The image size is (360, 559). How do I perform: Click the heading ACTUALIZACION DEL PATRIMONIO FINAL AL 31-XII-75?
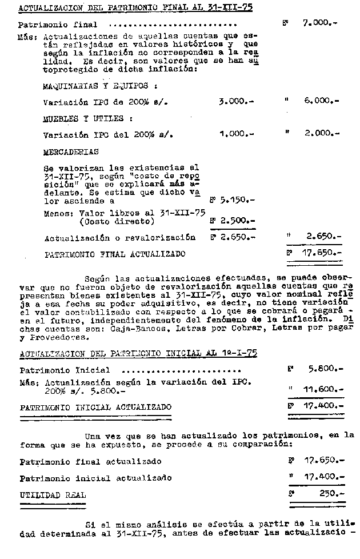coord(135,8)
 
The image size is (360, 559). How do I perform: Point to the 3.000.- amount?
coord(236,102)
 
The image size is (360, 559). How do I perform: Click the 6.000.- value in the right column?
coord(322,101)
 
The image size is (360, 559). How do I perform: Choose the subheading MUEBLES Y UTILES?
coord(87,119)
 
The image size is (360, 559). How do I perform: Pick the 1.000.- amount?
coord(236,135)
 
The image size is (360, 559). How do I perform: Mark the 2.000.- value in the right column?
coord(322,134)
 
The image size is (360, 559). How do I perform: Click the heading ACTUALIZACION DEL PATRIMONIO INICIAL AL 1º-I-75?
coord(138,354)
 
